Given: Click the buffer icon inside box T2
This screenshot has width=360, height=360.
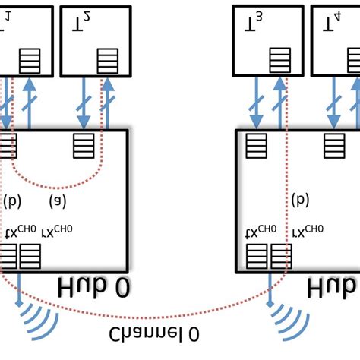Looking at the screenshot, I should (x=107, y=59).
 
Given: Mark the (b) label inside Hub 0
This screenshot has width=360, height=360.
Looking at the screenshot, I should (x=13, y=201).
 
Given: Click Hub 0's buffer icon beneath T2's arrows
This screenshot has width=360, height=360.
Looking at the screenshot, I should (x=83, y=144).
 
